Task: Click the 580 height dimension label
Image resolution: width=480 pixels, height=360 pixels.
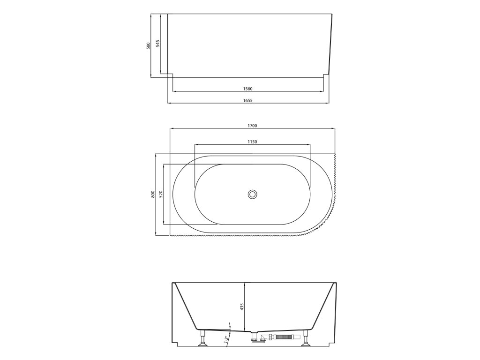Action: point(149,46)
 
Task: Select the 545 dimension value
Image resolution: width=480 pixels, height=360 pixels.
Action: point(157,44)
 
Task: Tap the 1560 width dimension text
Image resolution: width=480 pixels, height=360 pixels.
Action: point(247,89)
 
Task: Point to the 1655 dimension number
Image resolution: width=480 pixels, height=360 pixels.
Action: point(247,100)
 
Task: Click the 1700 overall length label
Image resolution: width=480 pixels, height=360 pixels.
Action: point(252,126)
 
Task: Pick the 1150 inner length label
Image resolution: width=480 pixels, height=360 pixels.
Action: point(252,142)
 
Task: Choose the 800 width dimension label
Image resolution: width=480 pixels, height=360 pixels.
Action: point(153,195)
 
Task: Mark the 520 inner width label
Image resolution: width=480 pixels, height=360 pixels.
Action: point(161,194)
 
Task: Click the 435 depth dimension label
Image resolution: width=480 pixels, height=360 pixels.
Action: point(241,307)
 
